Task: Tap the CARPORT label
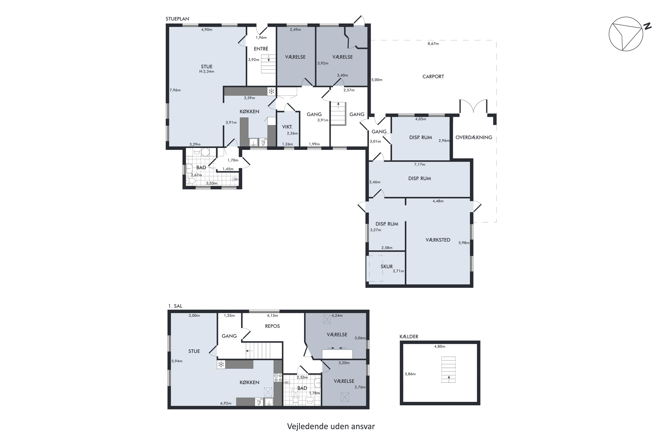pyautogui.click(x=433, y=76)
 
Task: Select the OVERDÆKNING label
pyautogui.click(x=474, y=137)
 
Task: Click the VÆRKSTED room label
pyautogui.click(x=438, y=240)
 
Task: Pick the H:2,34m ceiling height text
pyautogui.click(x=207, y=72)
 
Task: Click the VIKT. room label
pyautogui.click(x=287, y=127)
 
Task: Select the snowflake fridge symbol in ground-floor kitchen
pyautogui.click(x=271, y=91)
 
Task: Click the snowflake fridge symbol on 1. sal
pyautogui.click(x=221, y=364)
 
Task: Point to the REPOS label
pyautogui.click(x=273, y=326)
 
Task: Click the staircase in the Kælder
pyautogui.click(x=448, y=370)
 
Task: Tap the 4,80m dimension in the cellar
pyautogui.click(x=440, y=347)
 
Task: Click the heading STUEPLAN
pyautogui.click(x=177, y=19)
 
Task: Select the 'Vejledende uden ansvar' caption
pyautogui.click(x=331, y=427)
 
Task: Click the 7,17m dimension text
pyautogui.click(x=420, y=165)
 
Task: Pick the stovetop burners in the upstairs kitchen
pyautogui.click(x=278, y=378)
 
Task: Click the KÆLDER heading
pyautogui.click(x=409, y=337)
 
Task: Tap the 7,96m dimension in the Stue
pyautogui.click(x=175, y=90)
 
